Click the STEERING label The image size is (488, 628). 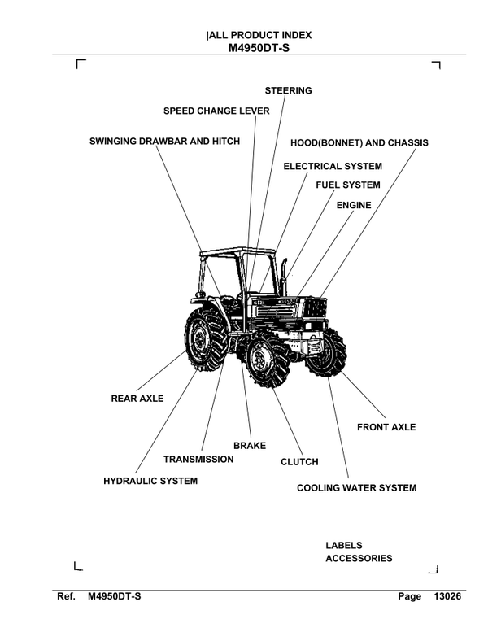288,90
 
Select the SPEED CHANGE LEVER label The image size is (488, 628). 216,111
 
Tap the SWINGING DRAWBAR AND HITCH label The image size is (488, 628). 164,142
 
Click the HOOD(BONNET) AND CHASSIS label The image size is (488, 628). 359,142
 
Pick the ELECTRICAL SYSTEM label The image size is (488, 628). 332,166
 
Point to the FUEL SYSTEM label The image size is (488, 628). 347,185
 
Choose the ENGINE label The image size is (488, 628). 353,206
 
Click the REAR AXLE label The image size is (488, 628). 137,399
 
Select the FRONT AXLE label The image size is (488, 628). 386,427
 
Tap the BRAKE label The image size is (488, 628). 250,446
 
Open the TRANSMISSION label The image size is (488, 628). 198,460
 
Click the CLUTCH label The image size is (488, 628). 299,462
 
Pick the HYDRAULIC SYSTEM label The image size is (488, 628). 150,482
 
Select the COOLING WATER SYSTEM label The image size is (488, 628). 356,488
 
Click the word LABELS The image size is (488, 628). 344,545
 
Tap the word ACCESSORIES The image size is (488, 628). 359,558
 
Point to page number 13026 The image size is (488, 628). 448,597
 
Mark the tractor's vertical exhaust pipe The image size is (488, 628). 284,277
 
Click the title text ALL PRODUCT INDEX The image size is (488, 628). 259,35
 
